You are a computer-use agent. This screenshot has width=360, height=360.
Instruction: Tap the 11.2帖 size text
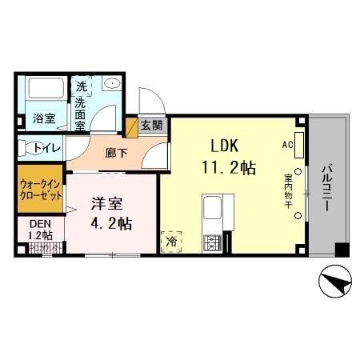[x=227, y=169]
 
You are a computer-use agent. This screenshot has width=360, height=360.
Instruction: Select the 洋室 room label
[x=105, y=204]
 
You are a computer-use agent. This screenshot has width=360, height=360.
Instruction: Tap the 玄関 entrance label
[x=151, y=126]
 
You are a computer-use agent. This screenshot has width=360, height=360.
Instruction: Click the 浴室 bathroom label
[x=43, y=118]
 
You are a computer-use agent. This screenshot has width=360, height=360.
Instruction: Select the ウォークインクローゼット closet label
[x=39, y=189]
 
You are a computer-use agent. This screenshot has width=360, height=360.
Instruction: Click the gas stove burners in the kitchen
[x=214, y=241]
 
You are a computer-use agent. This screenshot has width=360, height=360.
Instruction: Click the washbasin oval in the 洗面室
[x=112, y=82]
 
